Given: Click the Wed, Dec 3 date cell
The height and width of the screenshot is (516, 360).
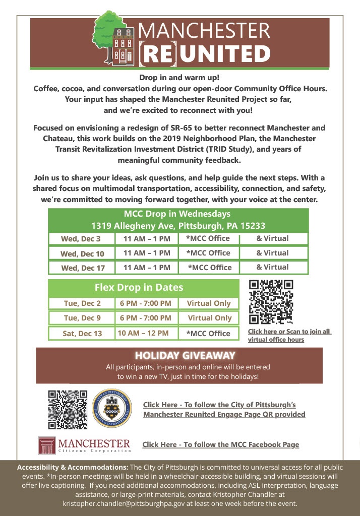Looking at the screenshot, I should click(x=81, y=239).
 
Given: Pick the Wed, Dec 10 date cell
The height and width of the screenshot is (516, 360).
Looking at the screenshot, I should click(x=82, y=253).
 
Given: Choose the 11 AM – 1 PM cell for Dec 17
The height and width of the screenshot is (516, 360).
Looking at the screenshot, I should click(x=147, y=268).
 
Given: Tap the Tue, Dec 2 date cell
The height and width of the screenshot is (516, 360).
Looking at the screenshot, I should click(x=82, y=303).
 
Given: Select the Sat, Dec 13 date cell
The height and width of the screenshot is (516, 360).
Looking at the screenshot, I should click(x=82, y=334).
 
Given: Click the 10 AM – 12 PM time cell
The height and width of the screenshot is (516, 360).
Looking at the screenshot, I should click(x=143, y=333).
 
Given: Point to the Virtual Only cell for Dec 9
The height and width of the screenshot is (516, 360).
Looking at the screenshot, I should click(x=210, y=318).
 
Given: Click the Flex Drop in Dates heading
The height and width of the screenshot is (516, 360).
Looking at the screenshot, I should click(x=139, y=288).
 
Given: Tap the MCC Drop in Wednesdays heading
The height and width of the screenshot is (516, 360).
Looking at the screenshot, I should click(x=177, y=214).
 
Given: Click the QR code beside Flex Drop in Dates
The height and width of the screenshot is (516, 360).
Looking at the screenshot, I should click(x=271, y=302).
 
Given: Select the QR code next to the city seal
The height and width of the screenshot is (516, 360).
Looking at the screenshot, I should click(x=68, y=409).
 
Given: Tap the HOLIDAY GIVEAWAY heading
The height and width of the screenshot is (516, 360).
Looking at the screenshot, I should click(x=185, y=356).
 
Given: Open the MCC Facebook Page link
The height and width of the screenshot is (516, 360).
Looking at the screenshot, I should click(x=221, y=444).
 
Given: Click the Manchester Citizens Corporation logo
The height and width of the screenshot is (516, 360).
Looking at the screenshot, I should click(x=84, y=445).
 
